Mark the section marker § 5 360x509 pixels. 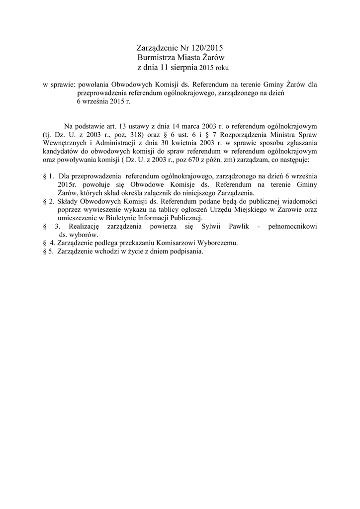[48, 251]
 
